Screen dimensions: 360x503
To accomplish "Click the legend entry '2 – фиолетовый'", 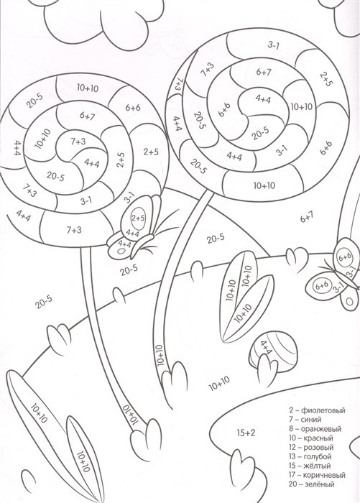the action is tap(317, 410).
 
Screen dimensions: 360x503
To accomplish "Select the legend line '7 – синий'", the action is tap(305, 419).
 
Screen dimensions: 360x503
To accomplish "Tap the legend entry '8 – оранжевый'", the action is tap(315, 428).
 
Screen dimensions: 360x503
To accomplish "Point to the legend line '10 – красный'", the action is tap(311, 438).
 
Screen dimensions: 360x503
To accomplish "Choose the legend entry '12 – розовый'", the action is tap(311, 447).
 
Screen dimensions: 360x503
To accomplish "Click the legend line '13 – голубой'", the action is tap(310, 456).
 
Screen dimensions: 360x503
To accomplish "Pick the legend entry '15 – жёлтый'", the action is tap(310, 466).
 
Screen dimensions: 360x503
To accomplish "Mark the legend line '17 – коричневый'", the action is tap(317, 475).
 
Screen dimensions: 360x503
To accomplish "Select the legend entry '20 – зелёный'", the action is tap(312, 484).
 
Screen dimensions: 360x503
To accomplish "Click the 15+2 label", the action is tap(246, 433).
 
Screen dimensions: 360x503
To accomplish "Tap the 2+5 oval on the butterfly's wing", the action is tap(138, 218).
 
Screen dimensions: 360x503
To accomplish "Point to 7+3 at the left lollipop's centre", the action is tap(78, 141).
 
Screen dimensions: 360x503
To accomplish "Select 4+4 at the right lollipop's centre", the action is tap(263, 98).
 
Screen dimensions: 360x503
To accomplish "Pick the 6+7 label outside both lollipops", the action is tap(307, 217).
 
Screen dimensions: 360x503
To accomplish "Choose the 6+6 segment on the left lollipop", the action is tap(132, 108).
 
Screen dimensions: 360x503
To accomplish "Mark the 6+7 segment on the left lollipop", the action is tap(87, 116).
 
